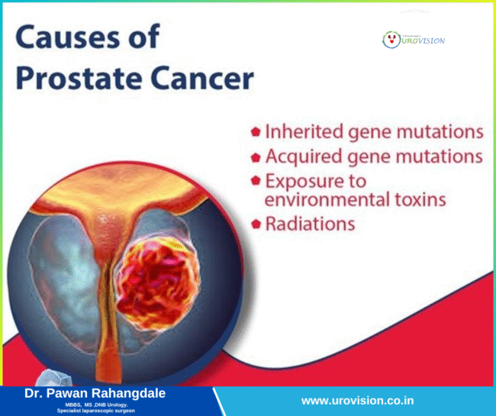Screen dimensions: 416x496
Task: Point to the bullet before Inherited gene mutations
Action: [256, 132]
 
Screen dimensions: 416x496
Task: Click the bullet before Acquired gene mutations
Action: [256, 156]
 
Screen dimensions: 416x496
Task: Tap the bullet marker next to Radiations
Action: [256, 224]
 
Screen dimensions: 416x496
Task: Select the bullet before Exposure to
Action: [256, 182]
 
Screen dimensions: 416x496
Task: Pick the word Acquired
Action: [301, 156]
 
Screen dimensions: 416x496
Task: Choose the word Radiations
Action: [310, 224]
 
